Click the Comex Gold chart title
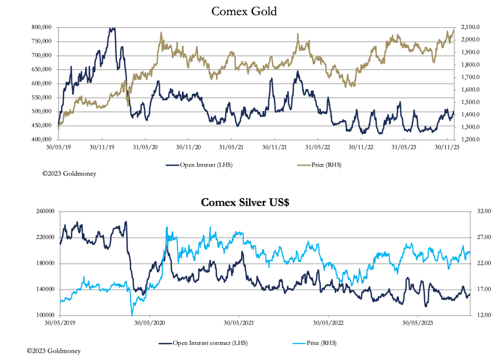point(244,11)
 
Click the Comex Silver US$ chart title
point(244,202)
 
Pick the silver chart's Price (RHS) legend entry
point(322,342)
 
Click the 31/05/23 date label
point(404,147)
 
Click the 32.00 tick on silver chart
point(471,211)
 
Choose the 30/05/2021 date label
point(239,323)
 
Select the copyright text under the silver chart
point(54,351)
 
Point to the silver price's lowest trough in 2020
point(132,314)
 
